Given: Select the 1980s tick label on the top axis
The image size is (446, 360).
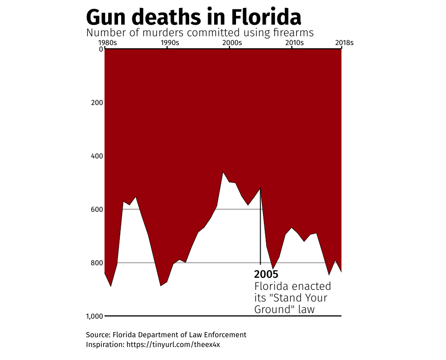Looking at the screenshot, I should click(108, 43).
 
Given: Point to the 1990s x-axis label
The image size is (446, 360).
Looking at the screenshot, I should click(170, 43).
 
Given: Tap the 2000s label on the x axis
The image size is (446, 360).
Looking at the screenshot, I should click(232, 43).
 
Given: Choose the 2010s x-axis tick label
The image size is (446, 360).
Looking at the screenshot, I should click(294, 43).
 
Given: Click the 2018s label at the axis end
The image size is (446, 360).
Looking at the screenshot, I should click(344, 43).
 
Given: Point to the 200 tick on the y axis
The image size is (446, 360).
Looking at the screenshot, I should click(97, 102).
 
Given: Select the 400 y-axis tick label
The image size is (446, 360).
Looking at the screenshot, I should click(97, 156).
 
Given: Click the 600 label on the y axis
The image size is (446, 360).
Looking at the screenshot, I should click(97, 209).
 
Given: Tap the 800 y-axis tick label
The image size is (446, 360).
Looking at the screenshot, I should click(97, 263).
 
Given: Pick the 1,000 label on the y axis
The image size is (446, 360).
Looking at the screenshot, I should click(94, 316).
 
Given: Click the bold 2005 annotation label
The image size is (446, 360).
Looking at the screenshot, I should click(266, 274).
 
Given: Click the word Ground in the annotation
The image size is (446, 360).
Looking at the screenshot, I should click(271, 309).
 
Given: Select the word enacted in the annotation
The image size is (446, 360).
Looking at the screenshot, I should click(311, 286).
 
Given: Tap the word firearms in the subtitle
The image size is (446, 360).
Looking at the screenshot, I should click(292, 33).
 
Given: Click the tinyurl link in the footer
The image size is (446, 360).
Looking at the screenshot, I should click(177, 345).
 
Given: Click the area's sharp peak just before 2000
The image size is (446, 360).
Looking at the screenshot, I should click(223, 173).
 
